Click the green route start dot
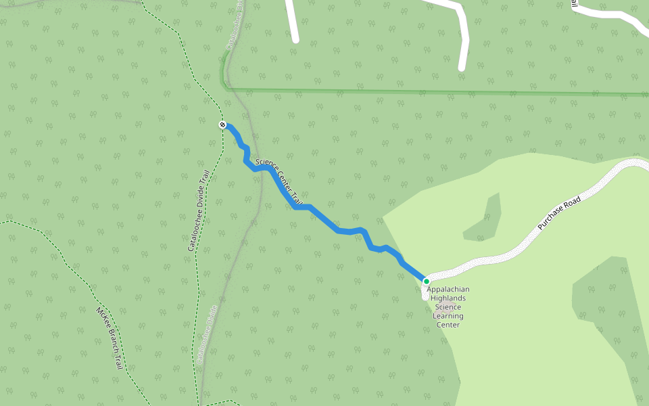click(x=427, y=281)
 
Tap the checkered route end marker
click(x=222, y=125)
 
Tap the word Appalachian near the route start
click(x=448, y=290)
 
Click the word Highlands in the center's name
click(x=448, y=298)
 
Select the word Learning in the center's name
click(x=448, y=316)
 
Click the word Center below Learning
click(x=448, y=325)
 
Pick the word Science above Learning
click(x=448, y=307)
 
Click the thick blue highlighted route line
click(x=324, y=220)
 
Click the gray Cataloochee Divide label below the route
click(x=206, y=335)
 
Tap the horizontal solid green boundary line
click(x=439, y=92)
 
